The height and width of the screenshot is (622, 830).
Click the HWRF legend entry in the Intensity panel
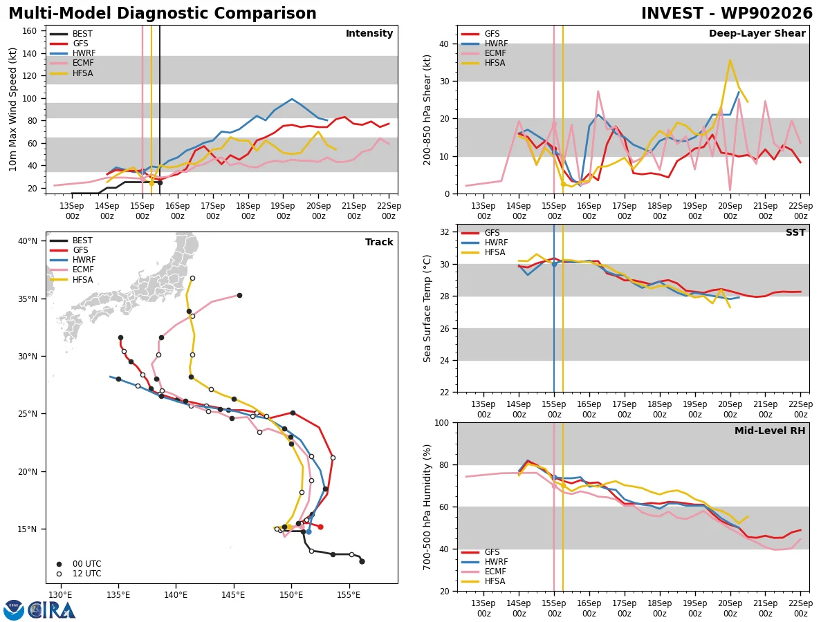72,53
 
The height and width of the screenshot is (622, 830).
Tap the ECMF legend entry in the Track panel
71,270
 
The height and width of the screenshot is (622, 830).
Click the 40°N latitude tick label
27,241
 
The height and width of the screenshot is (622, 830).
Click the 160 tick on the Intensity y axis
29,31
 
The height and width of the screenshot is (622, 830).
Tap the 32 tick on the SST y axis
444,232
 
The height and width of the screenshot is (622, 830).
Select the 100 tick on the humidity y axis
441,422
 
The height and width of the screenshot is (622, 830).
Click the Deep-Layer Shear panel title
757,33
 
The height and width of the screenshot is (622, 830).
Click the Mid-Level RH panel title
770,431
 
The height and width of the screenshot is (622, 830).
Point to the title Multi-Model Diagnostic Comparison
163,13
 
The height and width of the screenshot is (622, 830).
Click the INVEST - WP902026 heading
727,13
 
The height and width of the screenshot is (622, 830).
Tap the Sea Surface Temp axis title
427,308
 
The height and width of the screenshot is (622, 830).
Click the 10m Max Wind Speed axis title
12,109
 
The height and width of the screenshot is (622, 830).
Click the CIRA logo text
51,610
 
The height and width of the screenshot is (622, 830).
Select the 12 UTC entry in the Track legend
80,574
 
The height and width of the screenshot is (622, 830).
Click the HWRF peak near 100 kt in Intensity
292,99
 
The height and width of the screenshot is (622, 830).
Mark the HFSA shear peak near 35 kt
730,59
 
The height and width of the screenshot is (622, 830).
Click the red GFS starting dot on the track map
321,527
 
